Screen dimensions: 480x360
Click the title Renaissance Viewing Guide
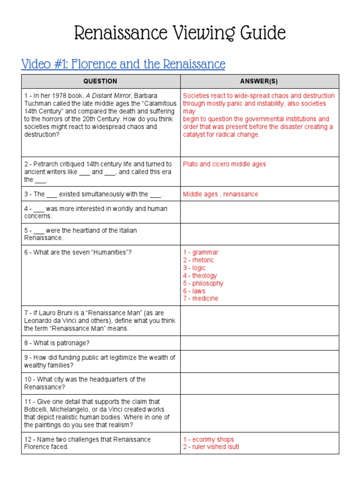click(x=180, y=33)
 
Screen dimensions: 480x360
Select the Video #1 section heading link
click(x=123, y=64)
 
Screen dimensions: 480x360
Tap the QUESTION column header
click(x=100, y=81)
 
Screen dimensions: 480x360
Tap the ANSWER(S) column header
click(x=259, y=81)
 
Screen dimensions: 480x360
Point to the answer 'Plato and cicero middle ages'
click(x=224, y=164)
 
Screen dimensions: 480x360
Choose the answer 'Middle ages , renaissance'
click(x=220, y=194)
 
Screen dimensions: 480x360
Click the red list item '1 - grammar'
click(x=201, y=253)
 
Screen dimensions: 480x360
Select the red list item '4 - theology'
click(x=200, y=276)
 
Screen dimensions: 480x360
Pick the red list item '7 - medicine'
click(x=201, y=298)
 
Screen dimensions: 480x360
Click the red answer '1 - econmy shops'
click(x=209, y=439)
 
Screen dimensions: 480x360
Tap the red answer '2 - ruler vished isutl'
click(x=211, y=447)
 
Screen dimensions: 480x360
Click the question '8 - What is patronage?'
click(x=57, y=343)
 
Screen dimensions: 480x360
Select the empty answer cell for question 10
click(x=259, y=383)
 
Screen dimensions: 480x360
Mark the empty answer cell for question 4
click(x=259, y=212)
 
